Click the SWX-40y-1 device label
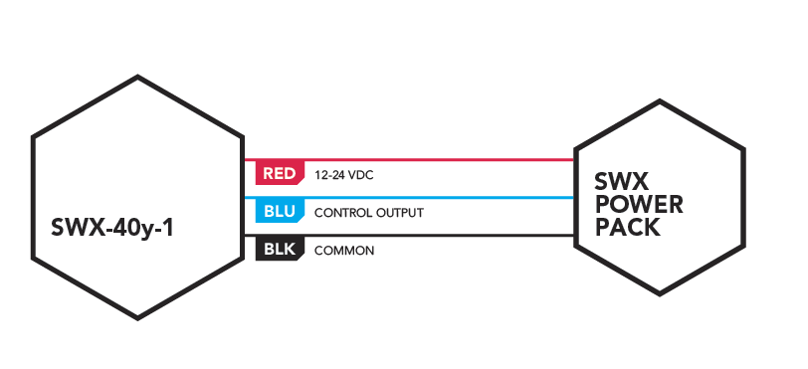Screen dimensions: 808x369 pos(112,228)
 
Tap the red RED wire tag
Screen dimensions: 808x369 pos(280,173)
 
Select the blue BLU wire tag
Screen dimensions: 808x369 pos(280,211)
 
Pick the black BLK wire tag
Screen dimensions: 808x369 pos(280,250)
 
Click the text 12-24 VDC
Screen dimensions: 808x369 pos(343,176)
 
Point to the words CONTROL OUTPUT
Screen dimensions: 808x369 pos(369,213)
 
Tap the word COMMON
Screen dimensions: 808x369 pos(344,251)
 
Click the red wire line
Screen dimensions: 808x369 pos(409,160)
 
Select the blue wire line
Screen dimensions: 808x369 pos(409,198)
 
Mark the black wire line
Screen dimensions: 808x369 pos(409,236)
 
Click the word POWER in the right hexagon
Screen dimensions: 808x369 pos(639,205)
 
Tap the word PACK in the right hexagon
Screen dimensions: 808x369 pos(628,228)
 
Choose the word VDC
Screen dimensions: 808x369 pos(360,176)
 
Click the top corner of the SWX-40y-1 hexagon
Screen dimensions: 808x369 pos(137,77)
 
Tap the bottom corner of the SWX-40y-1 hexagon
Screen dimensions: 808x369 pos(137,318)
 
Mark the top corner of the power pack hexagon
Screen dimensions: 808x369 pos(660,101)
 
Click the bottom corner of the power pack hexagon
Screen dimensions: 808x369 pos(660,294)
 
